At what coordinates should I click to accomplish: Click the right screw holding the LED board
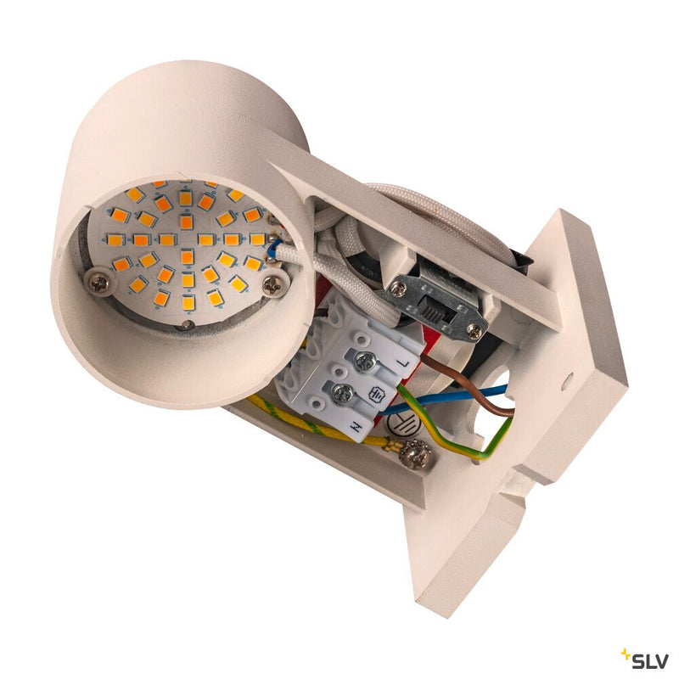coord(272,286)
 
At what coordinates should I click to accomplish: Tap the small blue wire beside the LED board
coord(272,247)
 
